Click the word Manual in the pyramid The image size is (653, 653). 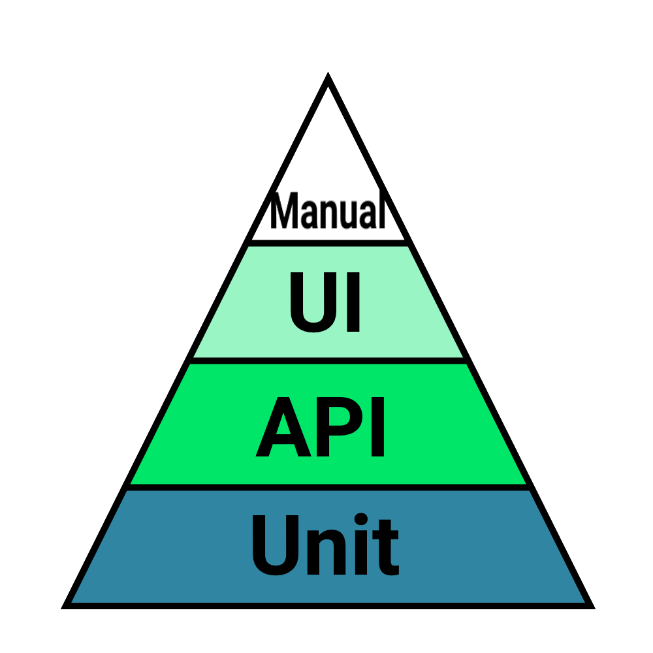tap(326, 211)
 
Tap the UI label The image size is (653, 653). tap(325, 302)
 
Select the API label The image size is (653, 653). tap(321, 428)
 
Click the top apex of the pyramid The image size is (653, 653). tap(328, 78)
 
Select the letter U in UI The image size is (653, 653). tap(311, 302)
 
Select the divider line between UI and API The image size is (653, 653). tap(328, 360)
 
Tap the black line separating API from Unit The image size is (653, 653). tap(328, 486)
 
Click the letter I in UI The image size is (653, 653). tap(353, 302)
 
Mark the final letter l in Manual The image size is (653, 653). tap(380, 210)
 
